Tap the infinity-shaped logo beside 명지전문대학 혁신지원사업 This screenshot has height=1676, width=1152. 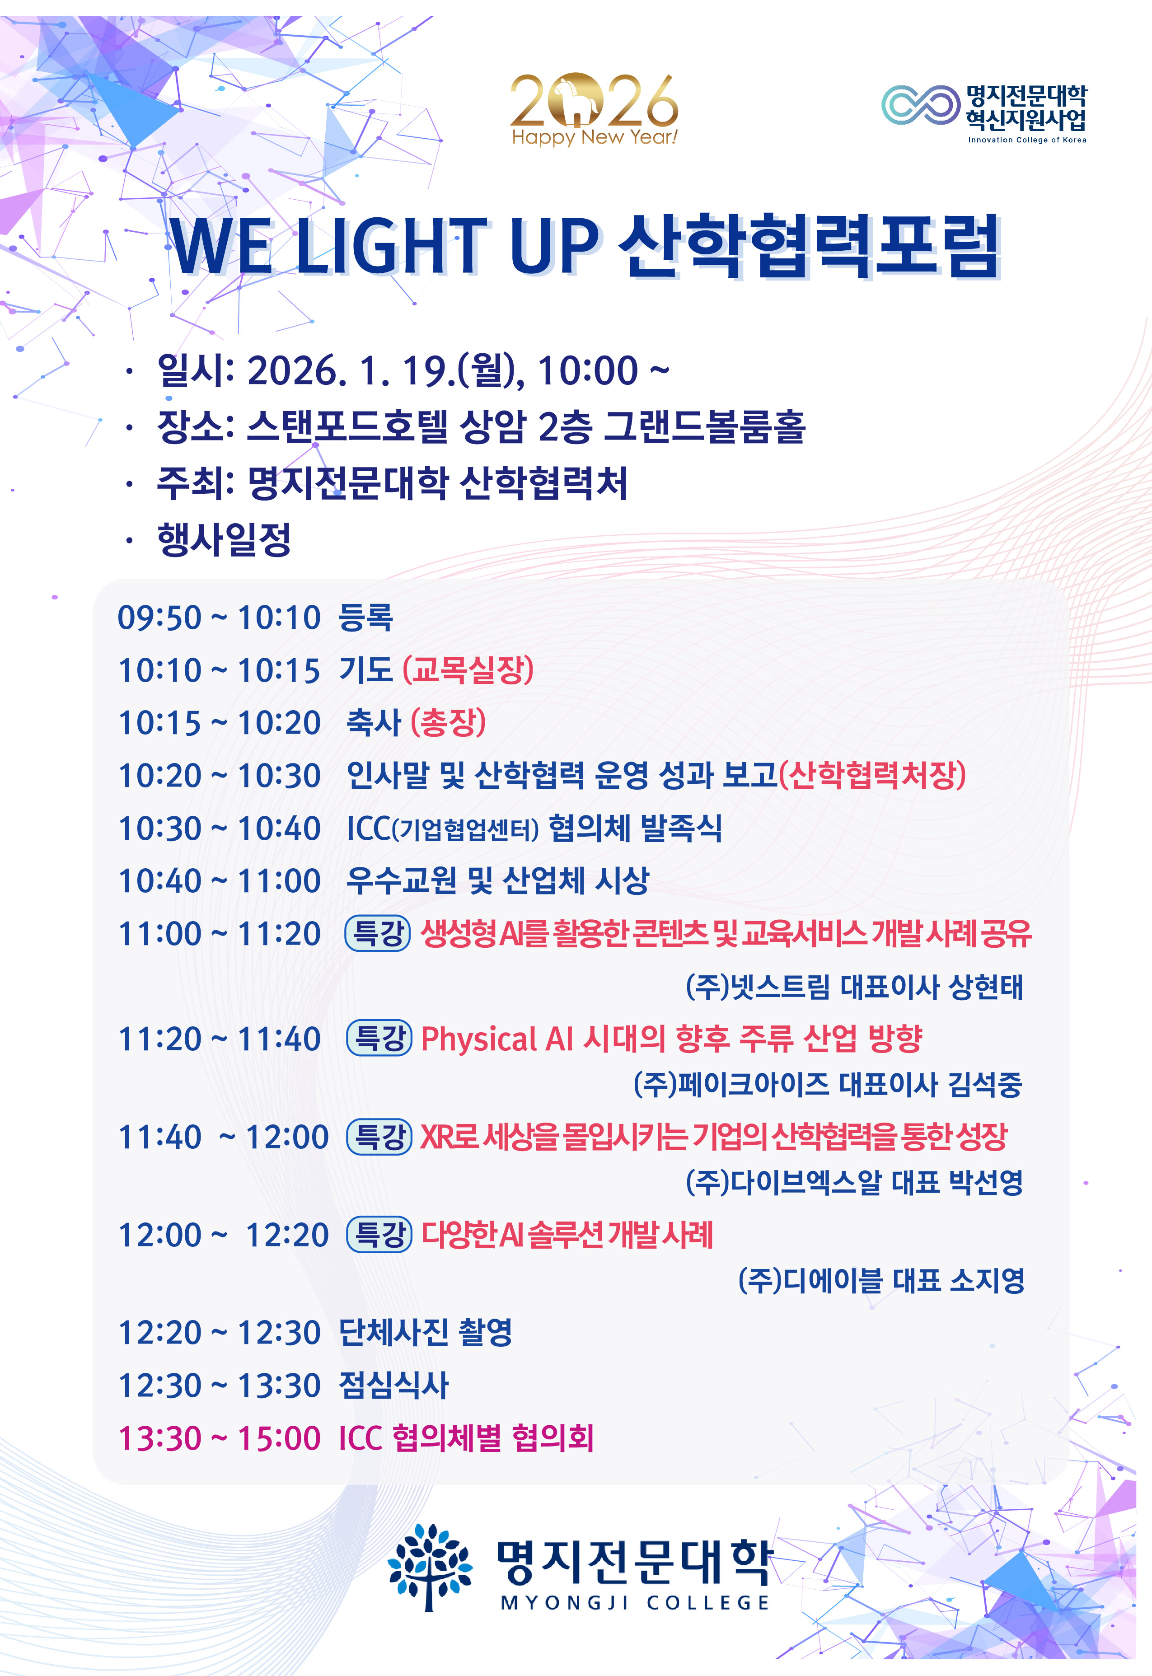click(x=921, y=105)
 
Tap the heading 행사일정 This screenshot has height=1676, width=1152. click(x=224, y=539)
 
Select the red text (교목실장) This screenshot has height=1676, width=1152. click(x=468, y=670)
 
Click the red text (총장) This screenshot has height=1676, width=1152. click(x=448, y=722)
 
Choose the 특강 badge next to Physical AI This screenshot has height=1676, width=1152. click(x=379, y=1038)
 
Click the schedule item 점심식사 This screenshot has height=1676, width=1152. click(x=394, y=1385)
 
